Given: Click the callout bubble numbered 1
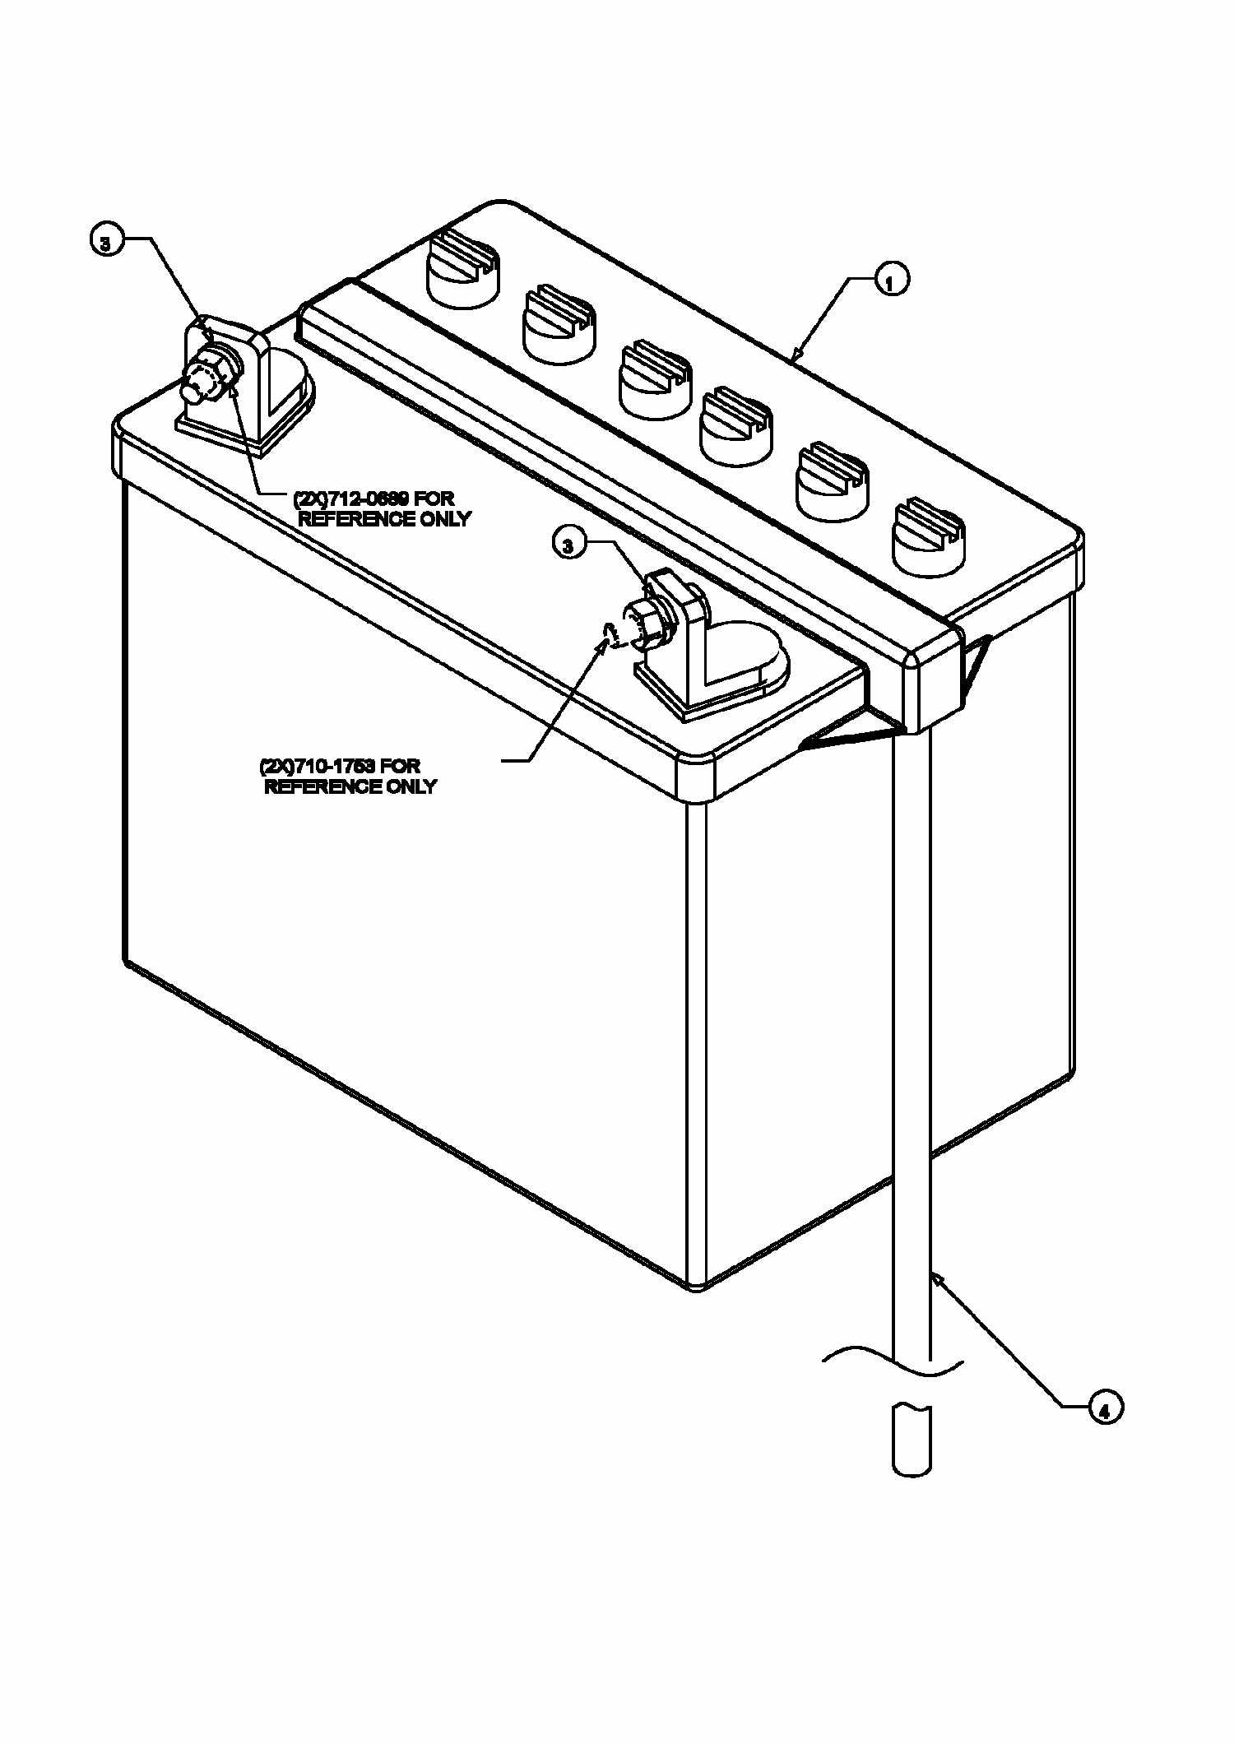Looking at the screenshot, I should [890, 280].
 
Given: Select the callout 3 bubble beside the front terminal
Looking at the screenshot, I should [569, 544].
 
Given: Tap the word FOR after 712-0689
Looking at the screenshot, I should [432, 499].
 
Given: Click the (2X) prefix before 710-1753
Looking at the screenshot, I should [271, 767].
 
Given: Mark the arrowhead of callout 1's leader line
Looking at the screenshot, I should [795, 356].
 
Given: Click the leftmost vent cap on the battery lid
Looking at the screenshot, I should [463, 267].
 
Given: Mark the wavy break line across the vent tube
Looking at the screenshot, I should [893, 1359].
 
